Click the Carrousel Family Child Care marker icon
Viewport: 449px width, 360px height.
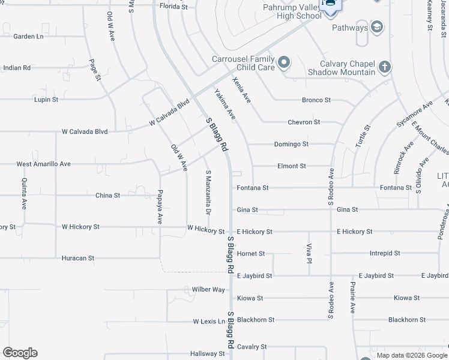(284, 62)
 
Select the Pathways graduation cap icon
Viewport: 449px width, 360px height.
(376, 28)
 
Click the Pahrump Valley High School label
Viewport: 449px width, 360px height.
(292, 11)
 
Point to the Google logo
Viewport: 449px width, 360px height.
(20, 353)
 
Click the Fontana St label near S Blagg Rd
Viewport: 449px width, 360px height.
(252, 188)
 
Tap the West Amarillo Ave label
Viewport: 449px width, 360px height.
(43, 164)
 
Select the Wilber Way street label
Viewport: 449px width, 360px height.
(208, 289)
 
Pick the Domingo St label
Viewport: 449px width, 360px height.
(291, 144)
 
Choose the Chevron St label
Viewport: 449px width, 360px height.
(304, 122)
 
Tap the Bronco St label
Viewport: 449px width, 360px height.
(316, 100)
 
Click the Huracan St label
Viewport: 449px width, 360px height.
(78, 258)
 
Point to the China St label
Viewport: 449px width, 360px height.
(108, 196)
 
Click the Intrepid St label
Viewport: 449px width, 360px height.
(384, 254)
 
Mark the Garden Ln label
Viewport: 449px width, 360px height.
(29, 36)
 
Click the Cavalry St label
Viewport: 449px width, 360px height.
(252, 347)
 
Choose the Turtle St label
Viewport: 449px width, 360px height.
(363, 136)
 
